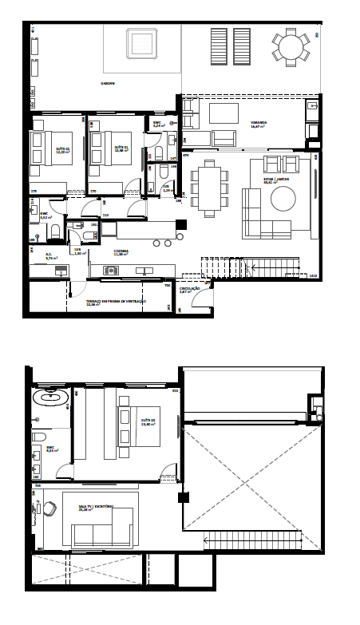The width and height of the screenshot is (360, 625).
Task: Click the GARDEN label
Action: [108, 83]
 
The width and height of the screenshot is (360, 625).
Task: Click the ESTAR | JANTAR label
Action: [276, 180]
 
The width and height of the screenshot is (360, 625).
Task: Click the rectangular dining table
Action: [210, 188]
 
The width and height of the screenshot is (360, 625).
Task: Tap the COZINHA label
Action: [121, 251]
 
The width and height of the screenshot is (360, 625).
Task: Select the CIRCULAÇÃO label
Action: [189, 291]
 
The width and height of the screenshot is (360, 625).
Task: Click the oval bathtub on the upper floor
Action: [49, 397]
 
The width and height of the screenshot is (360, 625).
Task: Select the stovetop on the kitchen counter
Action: [111, 271]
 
